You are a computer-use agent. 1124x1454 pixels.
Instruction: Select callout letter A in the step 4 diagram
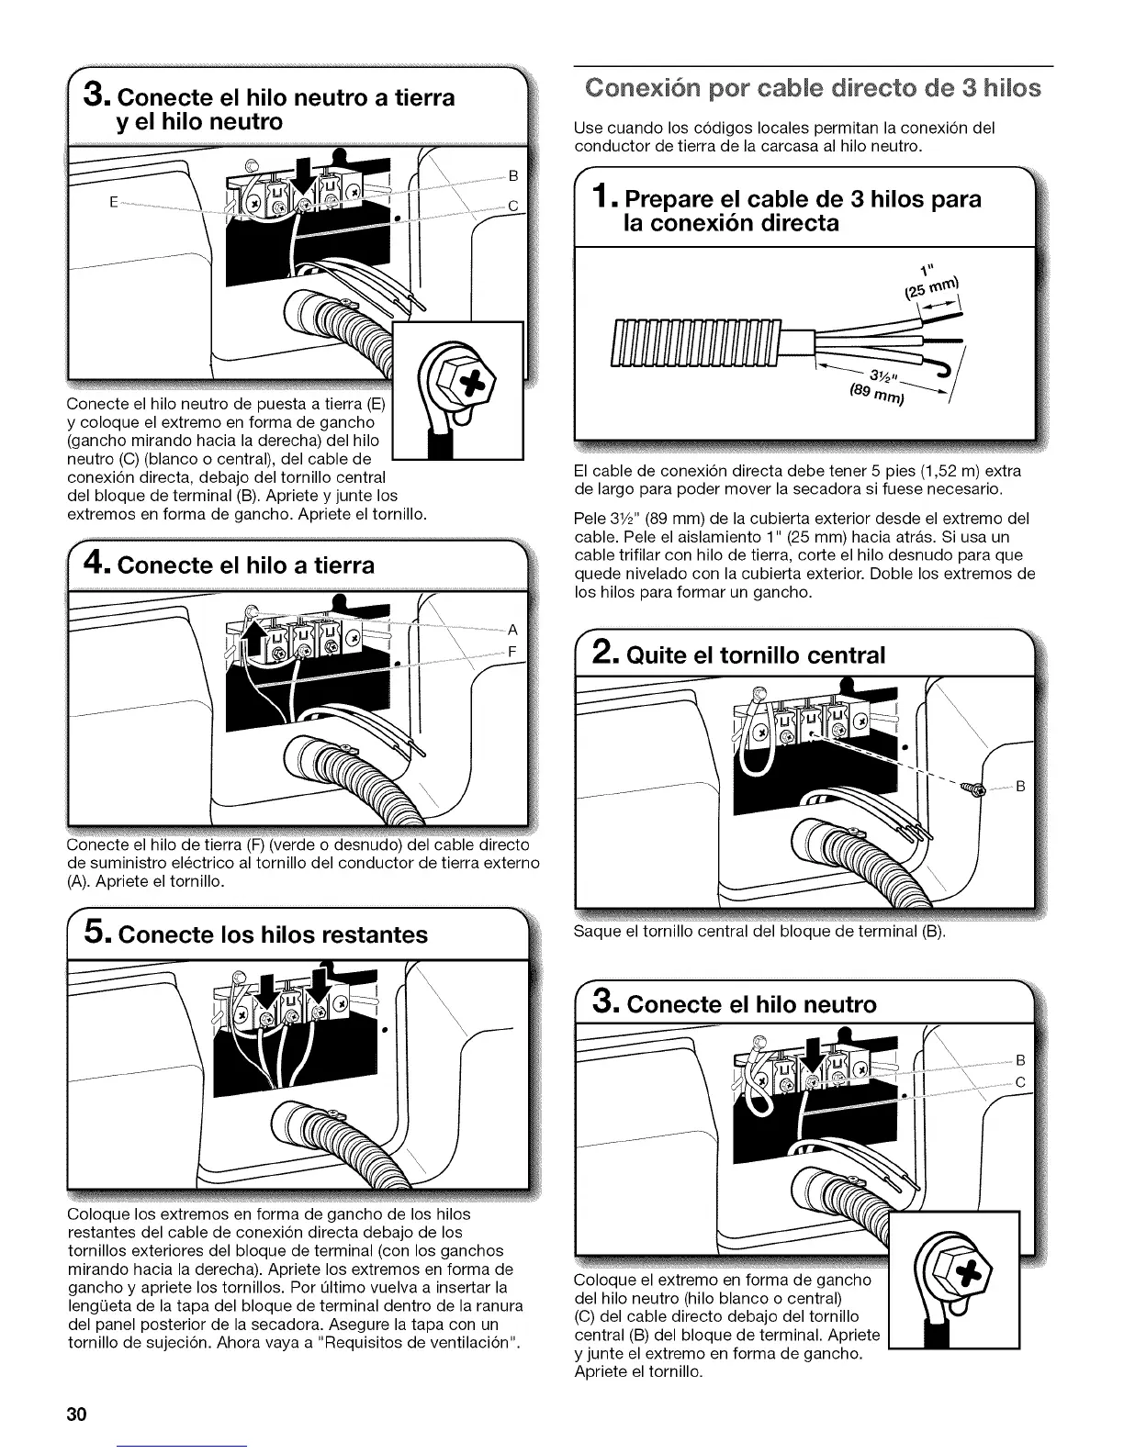[x=512, y=630]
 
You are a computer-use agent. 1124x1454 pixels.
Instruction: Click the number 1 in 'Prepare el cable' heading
[x=601, y=197]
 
